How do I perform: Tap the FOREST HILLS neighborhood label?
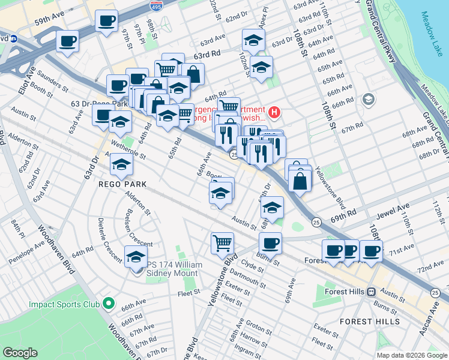(x=370, y=322)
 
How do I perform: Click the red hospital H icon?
(x=274, y=111)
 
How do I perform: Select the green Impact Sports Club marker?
(x=107, y=304)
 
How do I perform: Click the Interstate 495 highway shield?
(x=154, y=5)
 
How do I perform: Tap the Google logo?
(x=20, y=353)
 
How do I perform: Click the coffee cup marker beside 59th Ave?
(x=106, y=22)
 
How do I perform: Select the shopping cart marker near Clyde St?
(x=222, y=243)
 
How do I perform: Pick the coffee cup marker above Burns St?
(x=270, y=243)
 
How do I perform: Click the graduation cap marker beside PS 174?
(x=136, y=257)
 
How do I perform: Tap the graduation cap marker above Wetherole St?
(x=121, y=121)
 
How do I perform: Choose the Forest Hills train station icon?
(x=372, y=292)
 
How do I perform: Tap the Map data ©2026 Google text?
(x=411, y=355)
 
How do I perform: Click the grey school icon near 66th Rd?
(x=369, y=99)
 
